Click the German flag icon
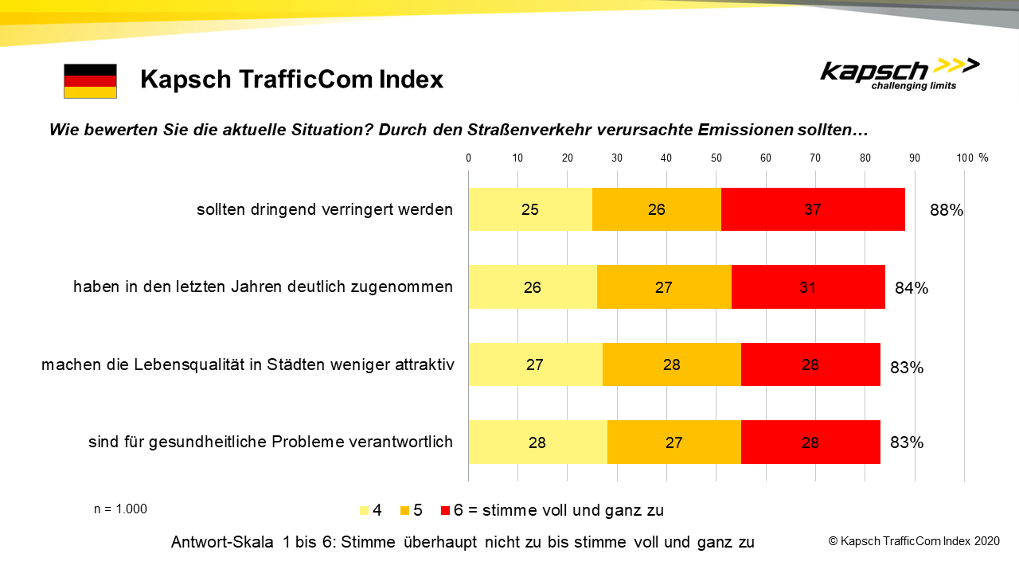[x=90, y=81]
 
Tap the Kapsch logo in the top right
[x=900, y=73]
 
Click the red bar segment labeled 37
[x=812, y=209]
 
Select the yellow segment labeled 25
[x=530, y=209]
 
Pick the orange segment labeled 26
[x=657, y=209]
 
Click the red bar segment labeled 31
[x=807, y=287]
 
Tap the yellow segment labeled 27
[x=535, y=364]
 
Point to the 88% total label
[x=947, y=211]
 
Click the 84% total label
[x=912, y=288]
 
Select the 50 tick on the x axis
[x=716, y=158]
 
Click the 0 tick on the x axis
[x=469, y=158]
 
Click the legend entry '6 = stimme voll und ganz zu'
[x=557, y=510]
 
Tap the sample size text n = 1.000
[x=120, y=509]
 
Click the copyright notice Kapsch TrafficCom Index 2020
[x=913, y=541]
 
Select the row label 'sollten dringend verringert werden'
[x=325, y=210]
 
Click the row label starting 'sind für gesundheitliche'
[x=271, y=442]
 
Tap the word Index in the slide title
[x=405, y=80]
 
